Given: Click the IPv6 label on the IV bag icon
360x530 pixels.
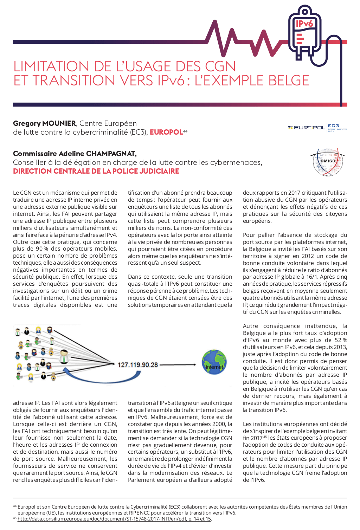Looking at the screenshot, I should point(304,24).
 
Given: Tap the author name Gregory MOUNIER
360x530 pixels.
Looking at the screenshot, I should point(44,123).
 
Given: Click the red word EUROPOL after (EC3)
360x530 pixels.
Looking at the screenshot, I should point(166,132).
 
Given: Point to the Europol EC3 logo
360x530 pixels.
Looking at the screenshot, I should point(317,128).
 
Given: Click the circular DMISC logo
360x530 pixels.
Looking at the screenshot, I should point(328,161).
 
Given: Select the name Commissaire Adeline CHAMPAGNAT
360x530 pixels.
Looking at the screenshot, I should point(75,154).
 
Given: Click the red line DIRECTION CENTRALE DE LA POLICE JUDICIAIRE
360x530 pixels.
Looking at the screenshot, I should point(96,171).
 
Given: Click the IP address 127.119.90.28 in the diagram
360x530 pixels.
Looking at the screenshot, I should point(138,365).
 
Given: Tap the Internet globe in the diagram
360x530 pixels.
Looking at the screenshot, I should point(214,362).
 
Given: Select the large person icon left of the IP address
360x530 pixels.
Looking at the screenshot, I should point(64,356).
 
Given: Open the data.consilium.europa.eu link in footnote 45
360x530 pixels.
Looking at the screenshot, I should point(114,519).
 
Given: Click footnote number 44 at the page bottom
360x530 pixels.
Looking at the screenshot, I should point(15,506).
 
